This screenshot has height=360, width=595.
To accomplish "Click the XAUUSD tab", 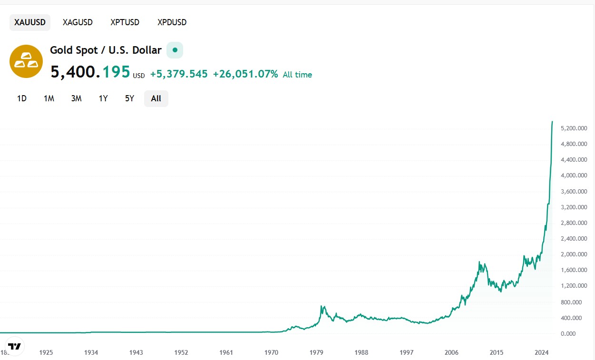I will pos(30,22).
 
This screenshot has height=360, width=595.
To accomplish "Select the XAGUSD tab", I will pos(78,22).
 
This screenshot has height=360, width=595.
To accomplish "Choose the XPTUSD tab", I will pos(125,22).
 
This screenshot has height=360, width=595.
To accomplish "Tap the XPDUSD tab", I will pos(172,22).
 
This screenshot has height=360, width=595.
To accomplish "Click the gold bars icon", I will pos(26,61).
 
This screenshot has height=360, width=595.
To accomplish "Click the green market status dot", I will pos(175,50).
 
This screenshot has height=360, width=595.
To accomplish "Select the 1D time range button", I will pos(22,98).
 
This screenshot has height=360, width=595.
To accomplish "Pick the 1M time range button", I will pos(49,98).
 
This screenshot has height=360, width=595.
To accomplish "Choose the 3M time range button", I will pos(76,98).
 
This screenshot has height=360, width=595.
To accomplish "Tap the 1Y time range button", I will pos(103,98).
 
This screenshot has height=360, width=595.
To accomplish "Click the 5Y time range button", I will pos(129,98).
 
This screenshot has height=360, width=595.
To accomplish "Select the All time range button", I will pos(156,98).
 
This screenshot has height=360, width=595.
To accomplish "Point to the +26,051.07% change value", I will pos(245,74).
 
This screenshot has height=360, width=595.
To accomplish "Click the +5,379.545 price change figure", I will pos(179,74).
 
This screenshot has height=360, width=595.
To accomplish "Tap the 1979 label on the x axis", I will pos(316,352).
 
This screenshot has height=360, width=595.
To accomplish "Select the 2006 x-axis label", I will pos(451,352).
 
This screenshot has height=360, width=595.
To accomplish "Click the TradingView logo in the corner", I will pos(15,346).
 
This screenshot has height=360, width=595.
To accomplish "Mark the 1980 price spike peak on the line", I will pos(322,306).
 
